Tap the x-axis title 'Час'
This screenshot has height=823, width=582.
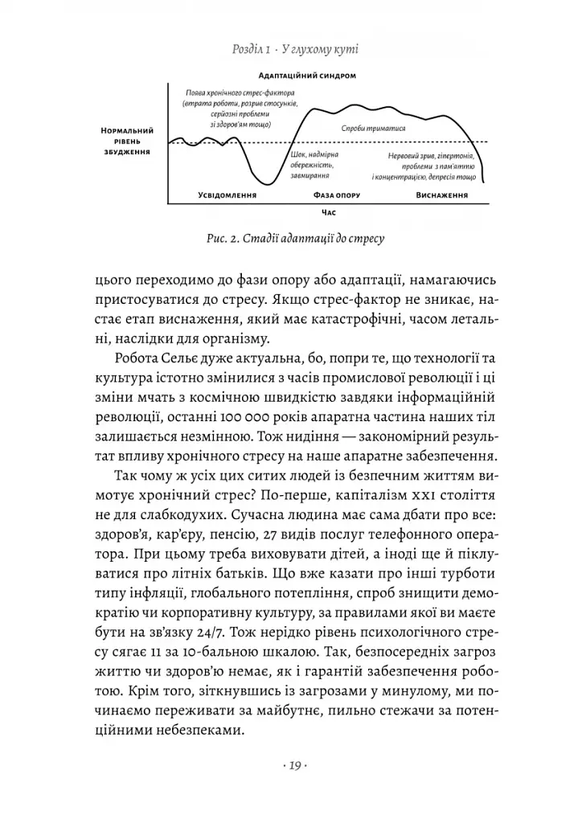327,213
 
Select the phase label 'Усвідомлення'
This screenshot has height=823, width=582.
227,195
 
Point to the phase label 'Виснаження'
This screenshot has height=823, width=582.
442,195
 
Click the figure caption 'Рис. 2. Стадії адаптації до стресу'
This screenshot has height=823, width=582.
290,239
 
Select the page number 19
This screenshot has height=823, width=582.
291,765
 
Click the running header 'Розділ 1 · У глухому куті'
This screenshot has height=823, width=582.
290,49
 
